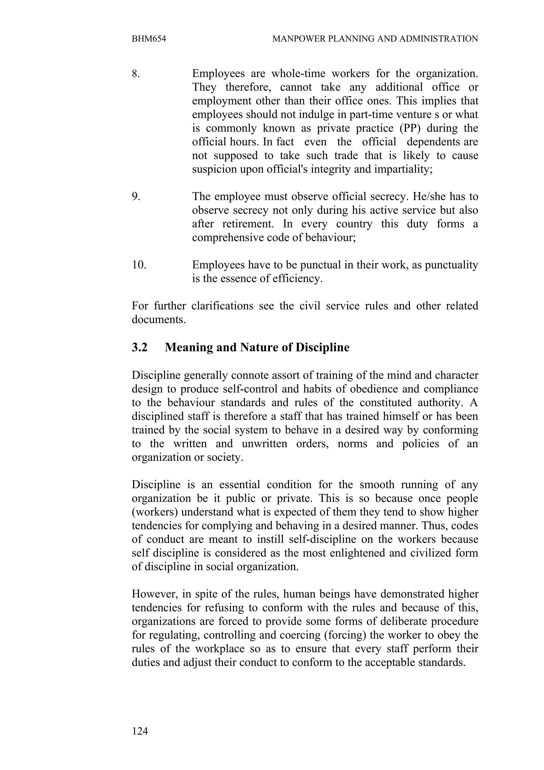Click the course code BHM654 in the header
pos(149,39)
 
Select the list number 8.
pos(135,73)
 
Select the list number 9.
pos(136,197)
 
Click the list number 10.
pos(139,265)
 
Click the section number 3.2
pos(139,347)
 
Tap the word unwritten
pos(265,444)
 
